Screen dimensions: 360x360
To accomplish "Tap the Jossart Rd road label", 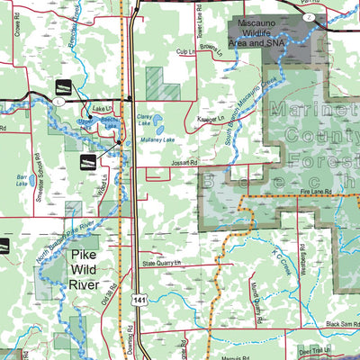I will (x=183, y=163).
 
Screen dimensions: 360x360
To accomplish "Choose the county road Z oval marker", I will (x=308, y=17).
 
